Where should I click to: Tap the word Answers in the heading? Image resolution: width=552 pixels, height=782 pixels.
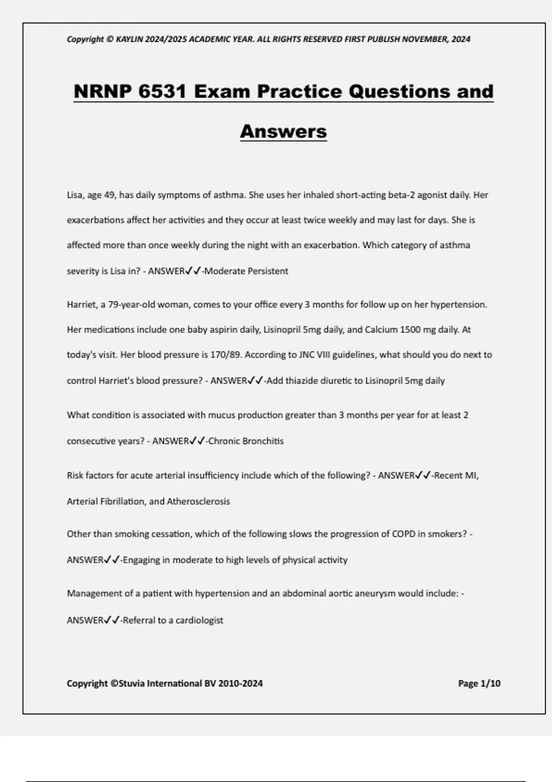coord(283,132)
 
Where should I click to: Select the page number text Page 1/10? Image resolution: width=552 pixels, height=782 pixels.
coord(479,684)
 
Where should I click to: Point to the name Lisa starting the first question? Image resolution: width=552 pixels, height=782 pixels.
coord(75,195)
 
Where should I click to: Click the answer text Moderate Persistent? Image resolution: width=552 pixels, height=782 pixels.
coord(246,271)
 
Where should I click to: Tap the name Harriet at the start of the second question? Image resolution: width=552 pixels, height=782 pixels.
coord(81,305)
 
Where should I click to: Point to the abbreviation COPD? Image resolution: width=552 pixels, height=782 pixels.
coord(403,534)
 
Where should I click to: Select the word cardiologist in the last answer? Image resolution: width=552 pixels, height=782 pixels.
coord(199,620)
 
